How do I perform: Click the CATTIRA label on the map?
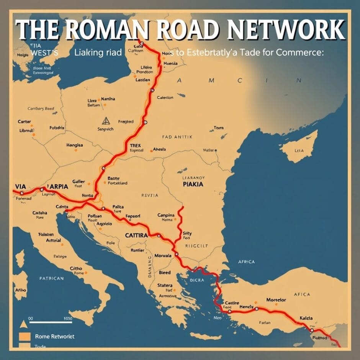click(x=136, y=235)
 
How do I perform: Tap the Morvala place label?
click(x=165, y=255)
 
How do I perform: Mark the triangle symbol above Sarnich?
click(x=106, y=121)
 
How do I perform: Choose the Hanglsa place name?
click(x=75, y=146)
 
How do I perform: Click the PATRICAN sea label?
click(x=51, y=278)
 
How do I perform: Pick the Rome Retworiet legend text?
click(x=55, y=336)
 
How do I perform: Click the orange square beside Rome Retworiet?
click(x=24, y=337)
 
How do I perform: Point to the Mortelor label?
click(x=276, y=300)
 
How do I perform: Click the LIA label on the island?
click(x=299, y=151)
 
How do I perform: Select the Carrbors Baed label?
click(x=41, y=108)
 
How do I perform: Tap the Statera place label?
click(x=165, y=285)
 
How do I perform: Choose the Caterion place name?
click(x=165, y=98)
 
